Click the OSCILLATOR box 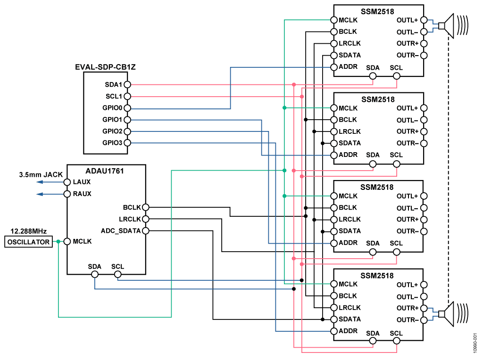(28, 242)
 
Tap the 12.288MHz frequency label (28, 232)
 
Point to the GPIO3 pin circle (127, 143)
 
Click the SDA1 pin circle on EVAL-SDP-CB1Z (127, 84)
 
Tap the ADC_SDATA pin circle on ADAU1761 (145, 231)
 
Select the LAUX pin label (82, 182)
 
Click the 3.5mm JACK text (41, 174)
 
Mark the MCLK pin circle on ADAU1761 (67, 242)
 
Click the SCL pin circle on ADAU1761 (117, 274)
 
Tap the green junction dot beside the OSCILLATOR (58, 242)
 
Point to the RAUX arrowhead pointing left (40, 194)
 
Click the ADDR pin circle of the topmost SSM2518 (334, 67)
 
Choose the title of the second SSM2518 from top (378, 99)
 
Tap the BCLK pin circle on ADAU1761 (145, 207)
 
